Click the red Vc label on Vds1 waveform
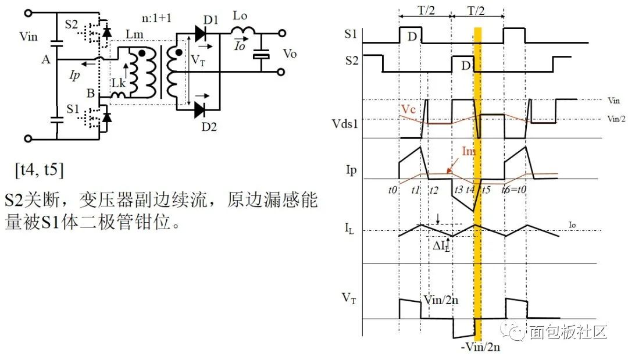click(408, 109)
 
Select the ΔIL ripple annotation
click(441, 245)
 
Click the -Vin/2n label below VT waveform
click(479, 347)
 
